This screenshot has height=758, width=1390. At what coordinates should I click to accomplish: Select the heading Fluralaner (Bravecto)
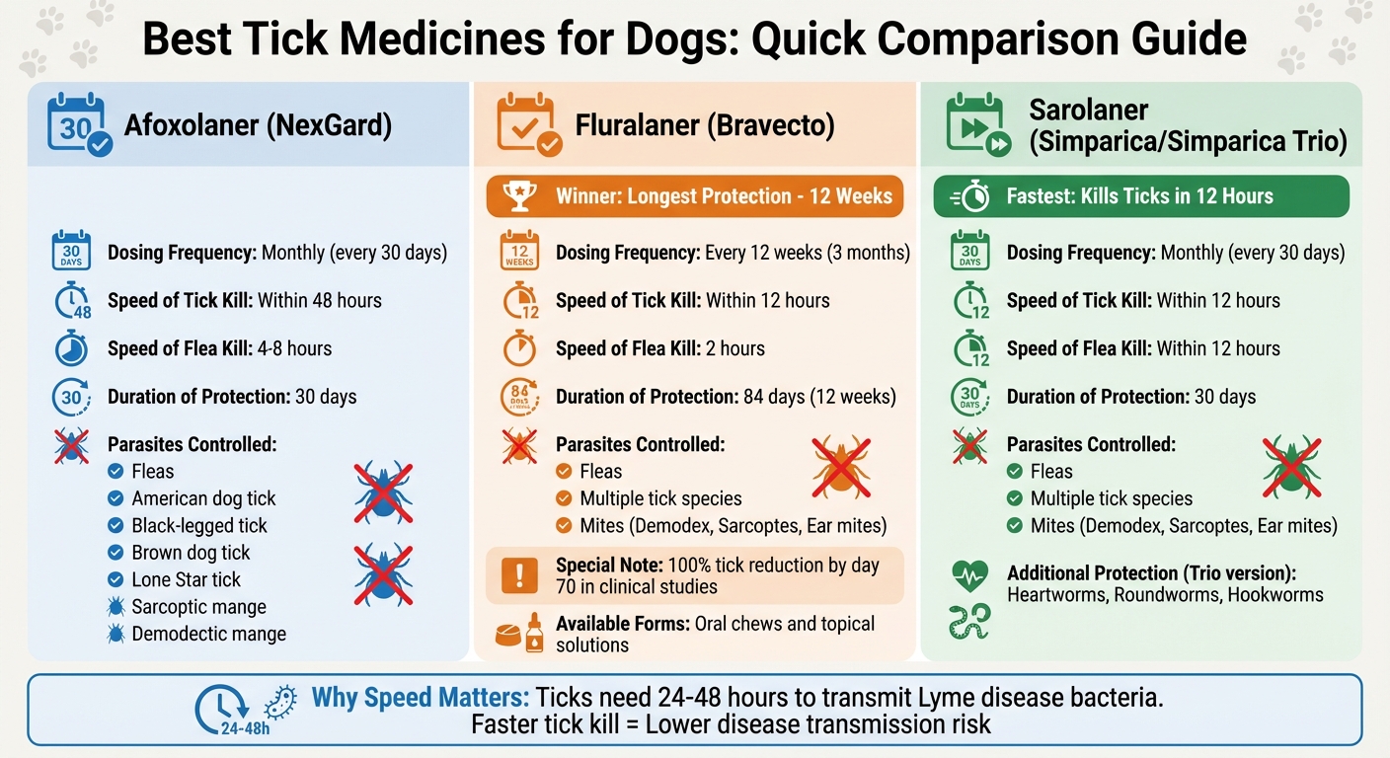(x=705, y=125)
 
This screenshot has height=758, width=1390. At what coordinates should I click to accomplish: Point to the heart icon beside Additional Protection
(x=969, y=574)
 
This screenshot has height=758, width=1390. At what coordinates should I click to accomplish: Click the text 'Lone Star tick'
(x=186, y=579)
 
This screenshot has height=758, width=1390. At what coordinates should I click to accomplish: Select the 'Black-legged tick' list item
(x=199, y=525)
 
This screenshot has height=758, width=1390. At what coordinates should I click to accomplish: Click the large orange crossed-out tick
(x=841, y=467)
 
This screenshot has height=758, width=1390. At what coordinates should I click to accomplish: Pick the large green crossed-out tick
(x=1291, y=467)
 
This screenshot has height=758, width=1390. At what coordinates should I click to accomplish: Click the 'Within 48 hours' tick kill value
(x=319, y=300)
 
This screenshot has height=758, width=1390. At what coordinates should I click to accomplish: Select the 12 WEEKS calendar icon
(x=519, y=252)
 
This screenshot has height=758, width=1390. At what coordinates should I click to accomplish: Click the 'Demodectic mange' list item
(x=208, y=634)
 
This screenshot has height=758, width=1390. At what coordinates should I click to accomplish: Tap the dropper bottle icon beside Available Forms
(x=534, y=633)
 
